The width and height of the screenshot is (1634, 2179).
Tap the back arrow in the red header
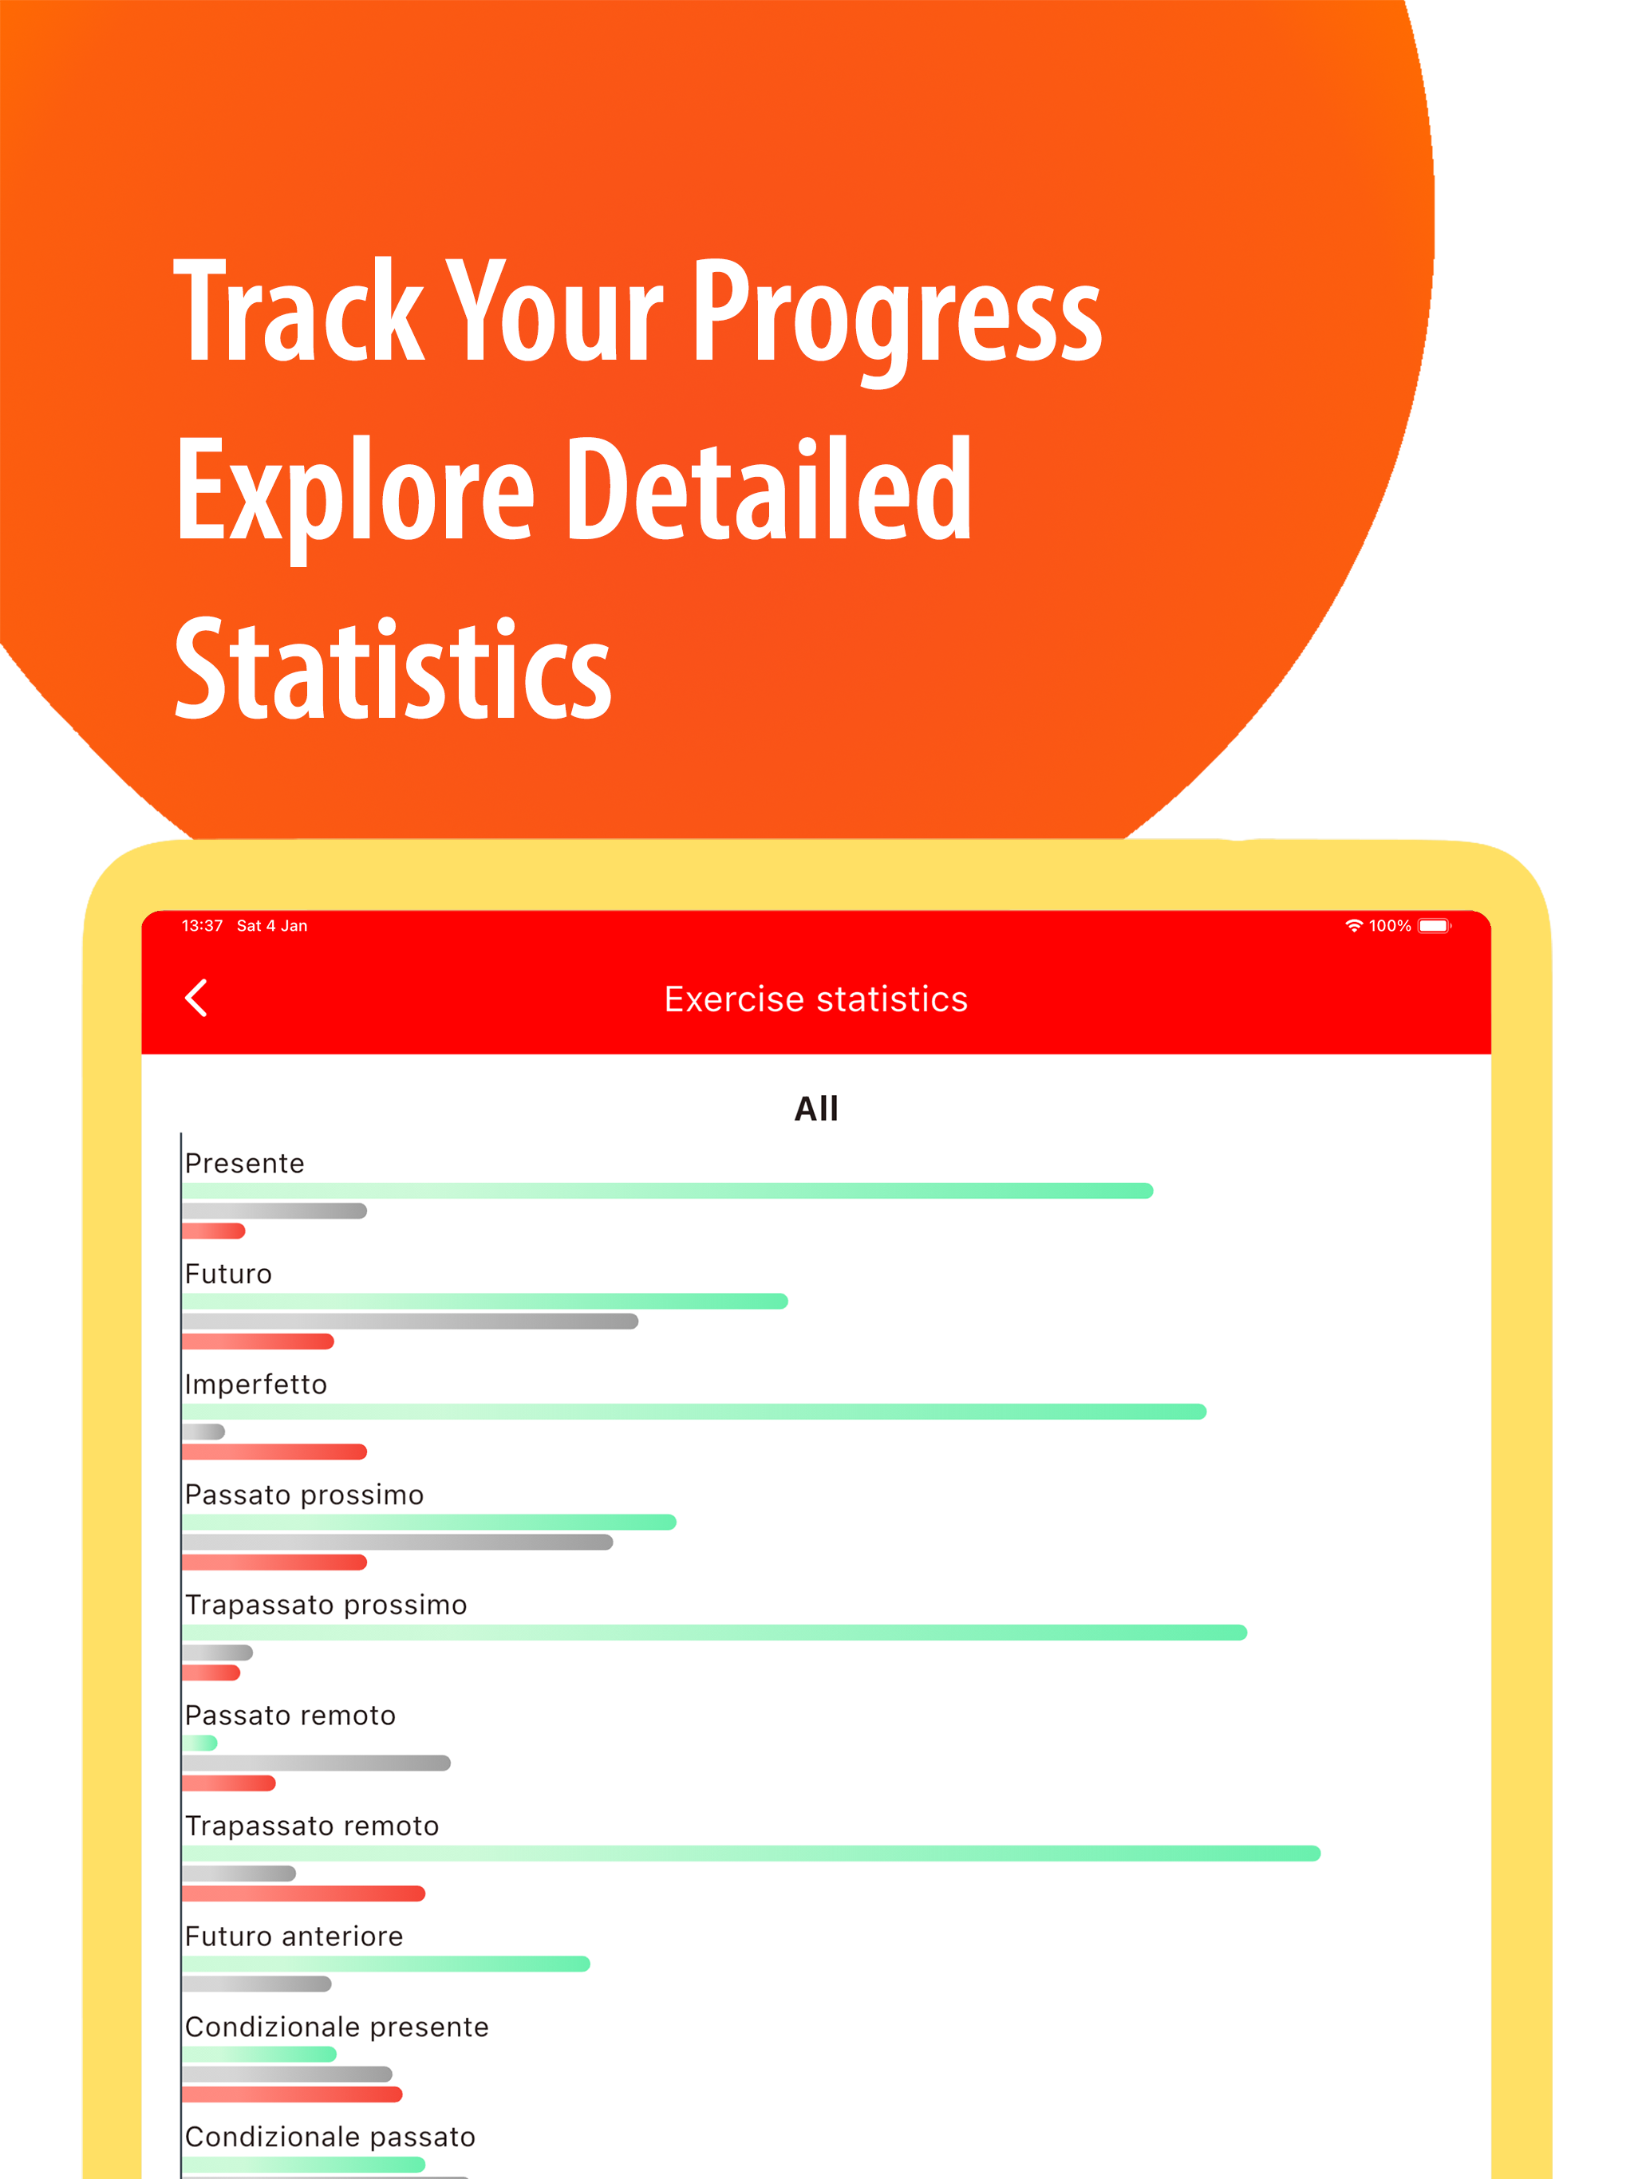[x=196, y=997]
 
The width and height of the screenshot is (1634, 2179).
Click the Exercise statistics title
[x=816, y=999]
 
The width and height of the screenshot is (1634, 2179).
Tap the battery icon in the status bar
[x=1434, y=925]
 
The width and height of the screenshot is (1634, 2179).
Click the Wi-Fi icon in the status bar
[x=1354, y=925]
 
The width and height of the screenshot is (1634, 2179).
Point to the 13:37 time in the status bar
[x=202, y=925]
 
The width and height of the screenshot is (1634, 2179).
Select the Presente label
[x=244, y=1164]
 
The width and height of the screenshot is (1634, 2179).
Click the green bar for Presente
[x=667, y=1191]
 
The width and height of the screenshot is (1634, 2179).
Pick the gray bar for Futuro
[x=410, y=1321]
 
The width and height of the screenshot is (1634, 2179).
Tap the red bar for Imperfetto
[x=274, y=1451]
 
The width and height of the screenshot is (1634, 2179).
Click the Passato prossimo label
[x=305, y=1495]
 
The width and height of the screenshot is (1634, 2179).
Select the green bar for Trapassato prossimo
[x=715, y=1633]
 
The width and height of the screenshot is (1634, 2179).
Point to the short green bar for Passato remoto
[x=199, y=1743]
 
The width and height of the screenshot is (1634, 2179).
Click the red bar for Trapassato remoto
[x=303, y=1893]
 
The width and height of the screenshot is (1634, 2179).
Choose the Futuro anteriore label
[x=294, y=1936]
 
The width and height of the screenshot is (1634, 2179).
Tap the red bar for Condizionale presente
[x=292, y=2094]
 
